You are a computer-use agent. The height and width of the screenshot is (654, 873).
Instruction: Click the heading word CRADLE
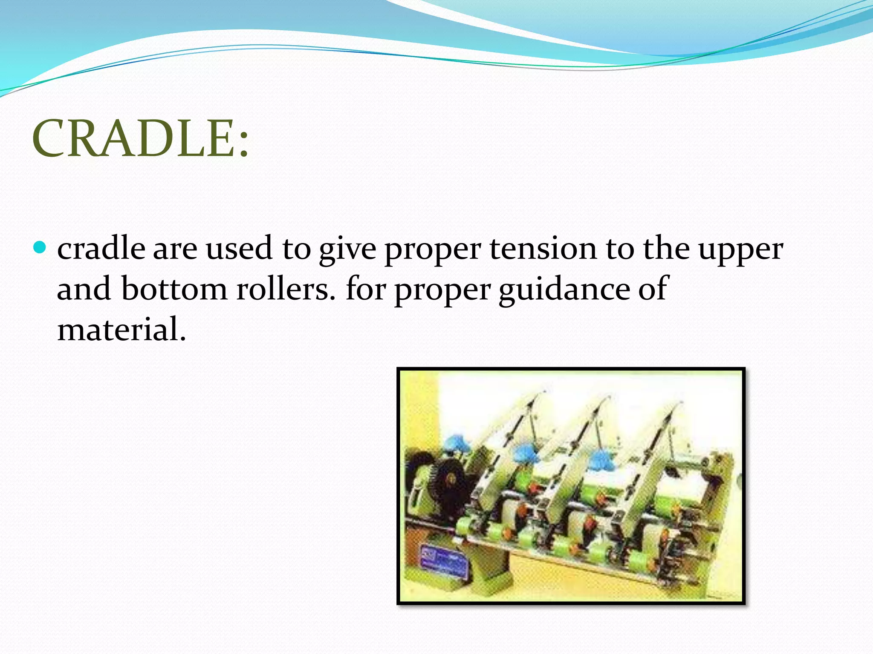(x=132, y=138)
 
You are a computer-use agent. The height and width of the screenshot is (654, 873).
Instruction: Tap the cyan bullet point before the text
(x=39, y=247)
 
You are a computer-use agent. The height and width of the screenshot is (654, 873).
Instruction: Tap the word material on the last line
(x=121, y=330)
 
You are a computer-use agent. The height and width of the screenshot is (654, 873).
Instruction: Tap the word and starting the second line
(x=83, y=289)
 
